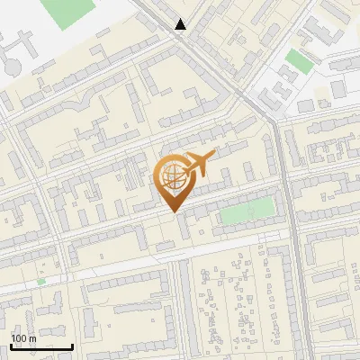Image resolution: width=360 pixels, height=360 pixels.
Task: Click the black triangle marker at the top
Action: pyautogui.click(x=181, y=24)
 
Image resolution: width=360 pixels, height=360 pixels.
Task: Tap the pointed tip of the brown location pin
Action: pyautogui.click(x=172, y=211)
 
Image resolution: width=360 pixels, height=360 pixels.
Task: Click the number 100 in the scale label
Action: pyautogui.click(x=20, y=338)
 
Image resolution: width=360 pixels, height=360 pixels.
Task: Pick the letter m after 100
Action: pyautogui.click(x=32, y=338)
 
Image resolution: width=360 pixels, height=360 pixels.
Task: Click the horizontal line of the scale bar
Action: pyautogui.click(x=41, y=346)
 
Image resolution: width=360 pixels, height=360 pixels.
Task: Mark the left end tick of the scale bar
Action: pyautogui.click(x=11, y=345)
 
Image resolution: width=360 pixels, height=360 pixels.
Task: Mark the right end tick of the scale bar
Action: pyautogui.click(x=72, y=345)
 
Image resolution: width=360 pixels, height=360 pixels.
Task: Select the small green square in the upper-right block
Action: pyautogui.click(x=298, y=61)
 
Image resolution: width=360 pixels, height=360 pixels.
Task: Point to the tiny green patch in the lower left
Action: pyautogui.click(x=41, y=282)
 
